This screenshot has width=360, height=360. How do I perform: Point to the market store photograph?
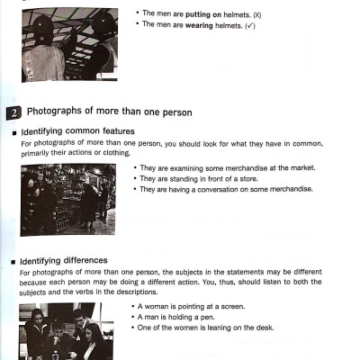pos(67,199)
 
